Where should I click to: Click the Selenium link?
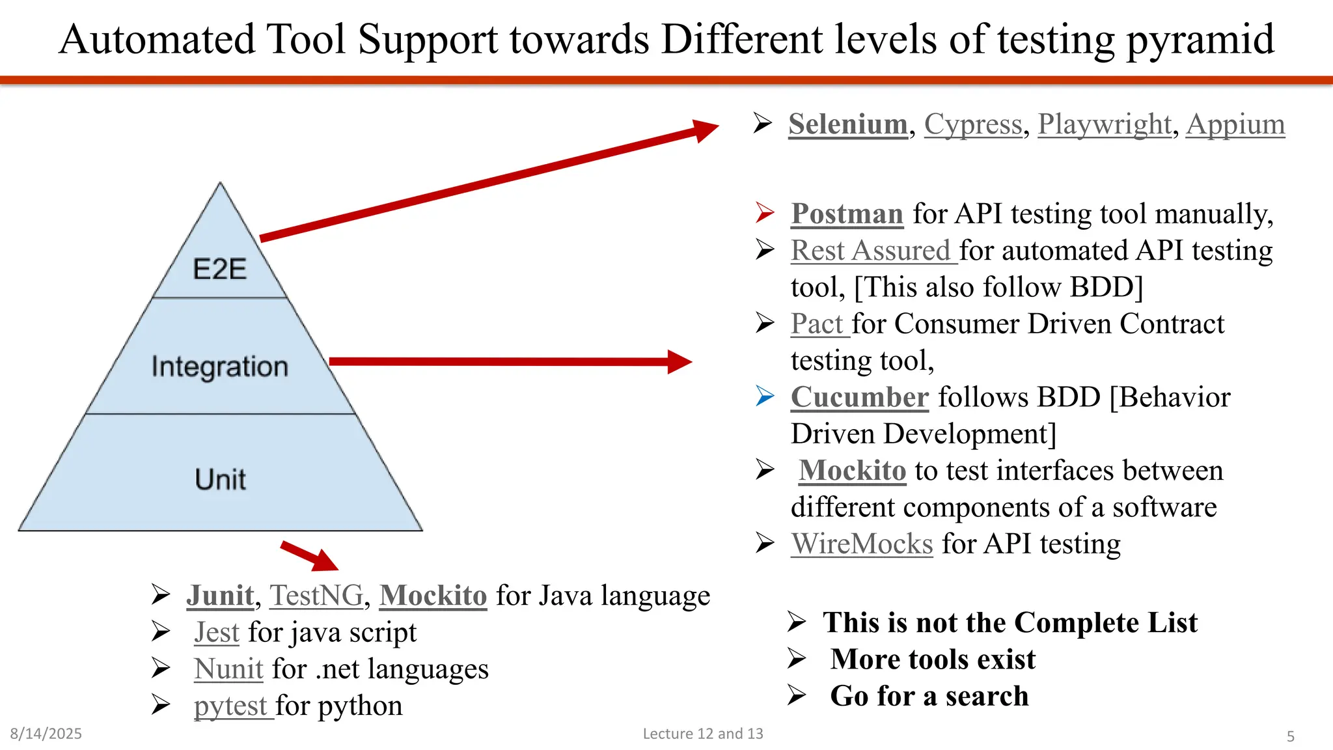click(847, 124)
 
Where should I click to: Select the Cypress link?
click(973, 124)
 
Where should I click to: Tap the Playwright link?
click(1105, 124)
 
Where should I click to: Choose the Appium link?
click(1235, 124)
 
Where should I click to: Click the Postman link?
click(847, 214)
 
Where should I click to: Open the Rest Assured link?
click(872, 251)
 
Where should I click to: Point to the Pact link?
click(818, 324)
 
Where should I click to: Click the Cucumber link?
click(859, 397)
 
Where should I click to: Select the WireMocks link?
click(862, 544)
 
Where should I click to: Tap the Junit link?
click(220, 596)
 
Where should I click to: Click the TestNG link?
click(316, 596)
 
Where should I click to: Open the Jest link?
click(217, 632)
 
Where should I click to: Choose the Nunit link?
click(228, 669)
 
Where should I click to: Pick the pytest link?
click(231, 706)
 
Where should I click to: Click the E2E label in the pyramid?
click(220, 269)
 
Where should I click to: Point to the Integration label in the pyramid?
click(220, 367)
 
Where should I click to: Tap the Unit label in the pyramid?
click(220, 479)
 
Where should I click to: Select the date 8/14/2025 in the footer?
click(46, 734)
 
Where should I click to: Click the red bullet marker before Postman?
click(765, 213)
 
